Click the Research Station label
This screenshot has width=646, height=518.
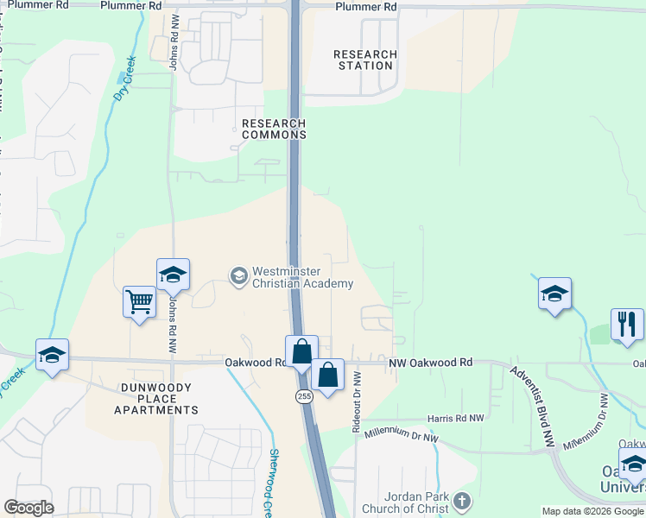coord(365,60)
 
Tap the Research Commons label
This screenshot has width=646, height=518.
coord(274,129)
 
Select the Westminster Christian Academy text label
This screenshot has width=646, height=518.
coord(302,278)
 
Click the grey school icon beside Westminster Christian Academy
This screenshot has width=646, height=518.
coord(238,276)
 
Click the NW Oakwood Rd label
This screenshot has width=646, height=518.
coord(431,363)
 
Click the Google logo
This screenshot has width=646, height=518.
coord(28,507)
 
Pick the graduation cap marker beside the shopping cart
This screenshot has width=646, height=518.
coord(173,275)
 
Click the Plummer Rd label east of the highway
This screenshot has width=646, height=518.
coord(366,6)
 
